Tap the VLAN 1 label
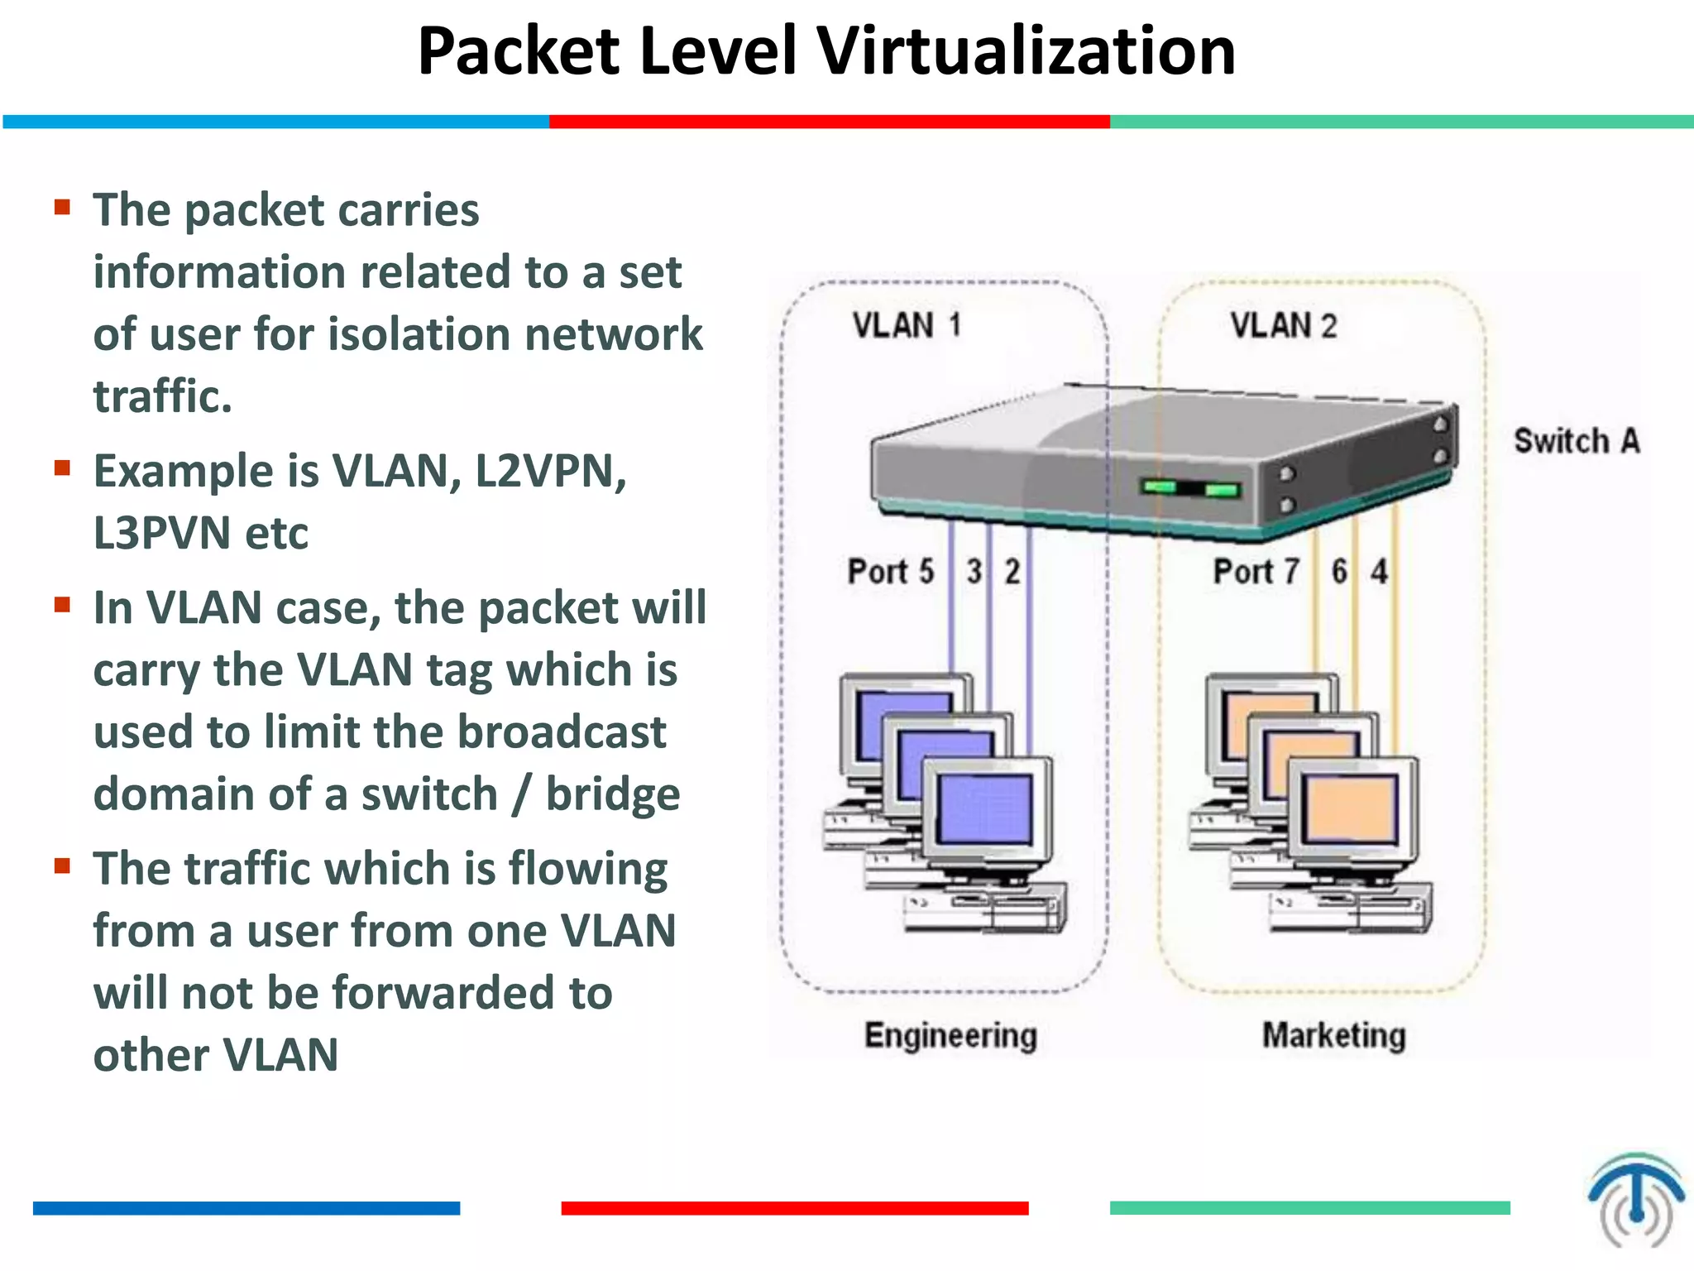tap(907, 325)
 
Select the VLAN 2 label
tap(1283, 325)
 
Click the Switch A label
tap(1577, 441)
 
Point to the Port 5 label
tap(890, 572)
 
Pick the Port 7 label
tap(1256, 572)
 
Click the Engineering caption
tap(950, 1036)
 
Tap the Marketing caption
tap(1333, 1036)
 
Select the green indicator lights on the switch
tap(1191, 488)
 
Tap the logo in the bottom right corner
tap(1635, 1200)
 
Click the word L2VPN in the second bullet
tap(550, 472)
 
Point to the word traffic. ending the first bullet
tap(162, 396)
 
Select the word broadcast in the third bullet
tap(562, 732)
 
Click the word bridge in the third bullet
tap(612, 794)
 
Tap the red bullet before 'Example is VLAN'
tap(62, 468)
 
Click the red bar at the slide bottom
tap(794, 1208)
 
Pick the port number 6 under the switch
tap(1339, 572)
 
